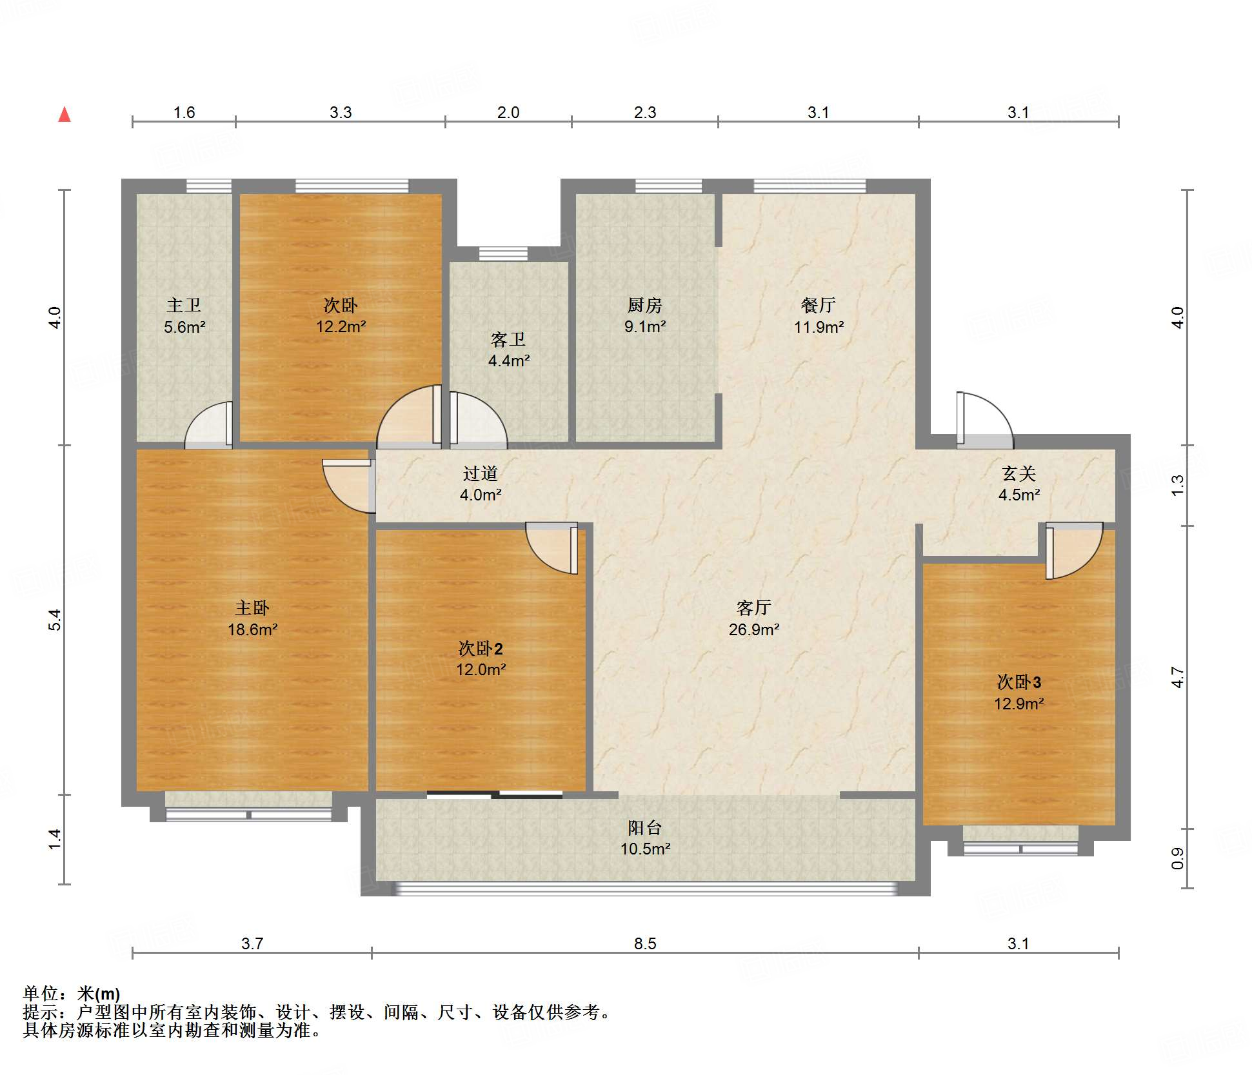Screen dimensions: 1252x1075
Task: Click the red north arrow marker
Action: [65, 115]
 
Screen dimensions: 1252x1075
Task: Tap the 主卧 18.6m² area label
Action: [252, 618]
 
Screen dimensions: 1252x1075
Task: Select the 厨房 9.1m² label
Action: [645, 315]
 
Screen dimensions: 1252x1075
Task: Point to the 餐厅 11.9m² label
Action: [819, 316]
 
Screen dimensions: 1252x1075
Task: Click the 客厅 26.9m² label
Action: [754, 618]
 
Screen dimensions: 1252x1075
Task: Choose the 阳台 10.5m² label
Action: [645, 838]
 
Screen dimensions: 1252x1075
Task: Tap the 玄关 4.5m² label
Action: [1019, 484]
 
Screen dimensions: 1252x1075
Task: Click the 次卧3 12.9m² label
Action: [1019, 693]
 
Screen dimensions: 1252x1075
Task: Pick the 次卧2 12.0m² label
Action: [481, 658]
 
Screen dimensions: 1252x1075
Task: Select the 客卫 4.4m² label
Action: [509, 350]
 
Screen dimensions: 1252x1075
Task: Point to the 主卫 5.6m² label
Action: [184, 316]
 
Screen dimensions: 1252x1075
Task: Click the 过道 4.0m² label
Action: [481, 484]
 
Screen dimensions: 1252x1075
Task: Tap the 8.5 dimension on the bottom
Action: [645, 943]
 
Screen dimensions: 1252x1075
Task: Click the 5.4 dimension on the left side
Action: [55, 620]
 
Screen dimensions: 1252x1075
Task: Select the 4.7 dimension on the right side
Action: [1178, 677]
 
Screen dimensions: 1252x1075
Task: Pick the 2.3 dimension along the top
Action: [645, 112]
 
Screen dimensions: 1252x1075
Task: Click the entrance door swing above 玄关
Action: [984, 420]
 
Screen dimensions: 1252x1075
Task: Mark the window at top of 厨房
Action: [668, 186]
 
